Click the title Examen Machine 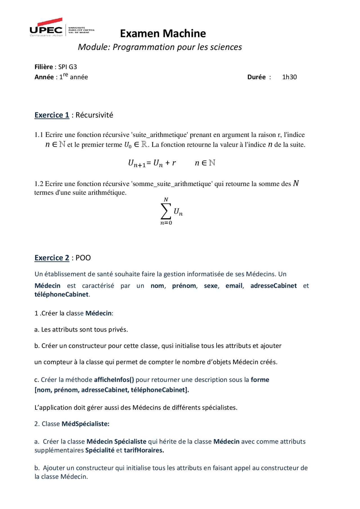pyautogui.click(x=163, y=33)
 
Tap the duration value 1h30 pyautogui.click(x=289, y=77)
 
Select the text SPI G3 pyautogui.click(x=67, y=67)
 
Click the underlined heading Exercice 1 pyautogui.click(x=52, y=115)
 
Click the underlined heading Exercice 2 pyautogui.click(x=52, y=258)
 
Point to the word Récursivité pyautogui.click(x=94, y=115)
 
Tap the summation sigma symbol pyautogui.click(x=166, y=211)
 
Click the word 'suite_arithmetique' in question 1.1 pyautogui.click(x=160, y=135)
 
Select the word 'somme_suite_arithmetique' pyautogui.click(x=172, y=184)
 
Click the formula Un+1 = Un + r pyautogui.click(x=152, y=163)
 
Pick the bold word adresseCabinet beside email pyautogui.click(x=273, y=286)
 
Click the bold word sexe pyautogui.click(x=211, y=286)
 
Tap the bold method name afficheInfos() pyautogui.click(x=114, y=380)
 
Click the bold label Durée pyautogui.click(x=256, y=77)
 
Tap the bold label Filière pyautogui.click(x=44, y=67)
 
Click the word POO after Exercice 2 pyautogui.click(x=83, y=258)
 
